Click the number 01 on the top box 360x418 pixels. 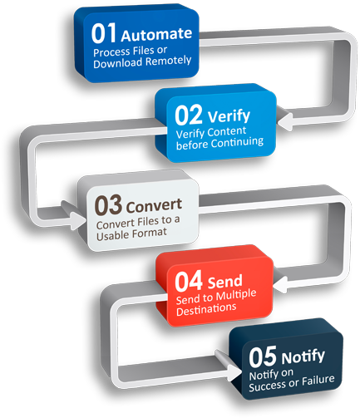click(x=103, y=33)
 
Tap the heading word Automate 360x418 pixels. click(x=156, y=35)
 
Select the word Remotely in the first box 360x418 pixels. click(x=169, y=61)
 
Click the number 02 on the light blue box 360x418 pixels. click(x=189, y=115)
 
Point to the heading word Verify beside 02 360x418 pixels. click(x=229, y=116)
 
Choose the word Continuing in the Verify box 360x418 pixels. click(x=237, y=143)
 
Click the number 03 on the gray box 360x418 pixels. click(x=108, y=204)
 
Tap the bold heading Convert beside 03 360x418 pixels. click(x=154, y=205)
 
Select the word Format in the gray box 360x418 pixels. click(x=149, y=233)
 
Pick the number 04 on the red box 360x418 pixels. click(x=189, y=281)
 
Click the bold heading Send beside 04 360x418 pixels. click(x=225, y=282)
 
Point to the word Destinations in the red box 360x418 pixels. click(x=206, y=309)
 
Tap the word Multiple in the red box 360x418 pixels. click(x=235, y=296)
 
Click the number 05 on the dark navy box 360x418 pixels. click(x=263, y=357)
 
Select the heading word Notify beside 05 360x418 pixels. click(x=303, y=357)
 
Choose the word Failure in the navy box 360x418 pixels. click(x=318, y=380)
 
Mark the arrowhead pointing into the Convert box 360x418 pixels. click(x=78, y=220)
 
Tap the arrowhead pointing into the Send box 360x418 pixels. click(x=280, y=284)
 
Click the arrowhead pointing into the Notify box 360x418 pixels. click(x=234, y=371)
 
